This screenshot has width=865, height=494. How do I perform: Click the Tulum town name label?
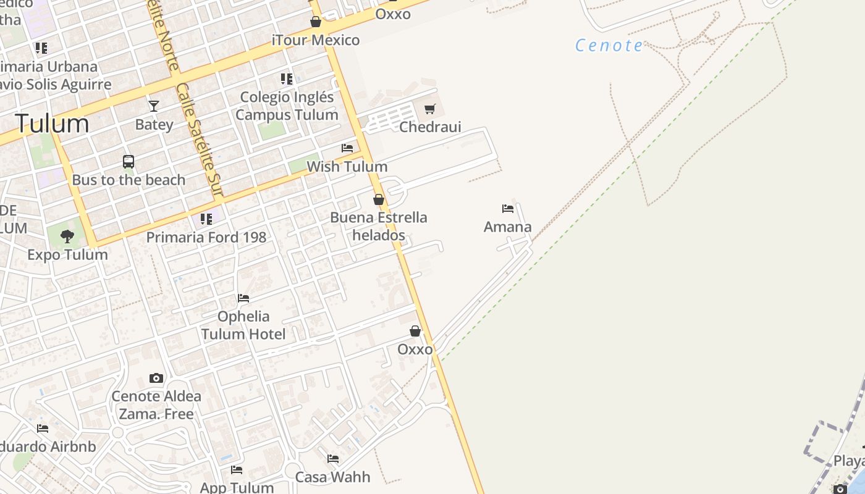[53, 124]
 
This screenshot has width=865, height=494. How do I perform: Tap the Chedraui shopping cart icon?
[430, 109]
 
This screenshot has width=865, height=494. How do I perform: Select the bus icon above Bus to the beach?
[129, 162]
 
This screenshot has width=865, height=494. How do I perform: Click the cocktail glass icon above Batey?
[154, 106]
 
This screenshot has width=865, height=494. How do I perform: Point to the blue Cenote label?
[609, 45]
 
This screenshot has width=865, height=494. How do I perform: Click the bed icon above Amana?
[508, 209]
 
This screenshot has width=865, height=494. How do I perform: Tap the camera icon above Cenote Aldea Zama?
[156, 378]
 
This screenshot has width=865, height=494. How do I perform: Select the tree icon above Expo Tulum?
[67, 236]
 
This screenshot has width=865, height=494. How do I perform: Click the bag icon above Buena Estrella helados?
[379, 199]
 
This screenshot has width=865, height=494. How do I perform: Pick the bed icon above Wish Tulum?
[347, 148]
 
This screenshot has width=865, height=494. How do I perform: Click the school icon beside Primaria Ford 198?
[206, 219]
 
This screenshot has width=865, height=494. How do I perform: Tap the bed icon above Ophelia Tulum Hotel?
[243, 298]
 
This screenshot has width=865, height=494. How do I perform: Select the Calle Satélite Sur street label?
[199, 141]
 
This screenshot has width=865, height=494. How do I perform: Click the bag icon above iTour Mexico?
[316, 22]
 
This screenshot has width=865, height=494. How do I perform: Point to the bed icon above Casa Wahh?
[333, 459]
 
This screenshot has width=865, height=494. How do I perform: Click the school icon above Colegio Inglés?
[287, 79]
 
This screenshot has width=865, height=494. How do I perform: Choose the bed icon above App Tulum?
[237, 470]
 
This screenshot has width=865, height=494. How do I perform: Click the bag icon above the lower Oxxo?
[415, 332]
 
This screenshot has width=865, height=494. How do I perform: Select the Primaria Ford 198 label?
[206, 237]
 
